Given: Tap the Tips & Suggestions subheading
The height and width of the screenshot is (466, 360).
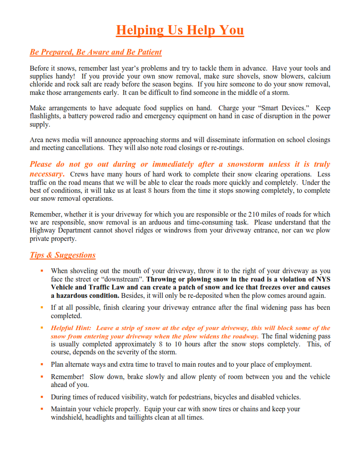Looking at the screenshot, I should (x=63, y=255).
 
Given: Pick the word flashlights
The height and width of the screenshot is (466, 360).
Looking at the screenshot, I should (x=46, y=116).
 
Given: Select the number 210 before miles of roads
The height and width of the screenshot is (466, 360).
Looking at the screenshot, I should (x=254, y=214).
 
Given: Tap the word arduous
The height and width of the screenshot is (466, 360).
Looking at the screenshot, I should (x=160, y=222).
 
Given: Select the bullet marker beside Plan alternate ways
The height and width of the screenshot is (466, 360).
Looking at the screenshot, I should (x=41, y=364).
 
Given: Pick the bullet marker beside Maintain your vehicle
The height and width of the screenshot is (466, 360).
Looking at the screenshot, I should (x=41, y=409).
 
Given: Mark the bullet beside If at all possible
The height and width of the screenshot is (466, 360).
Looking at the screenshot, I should (x=41, y=307).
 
